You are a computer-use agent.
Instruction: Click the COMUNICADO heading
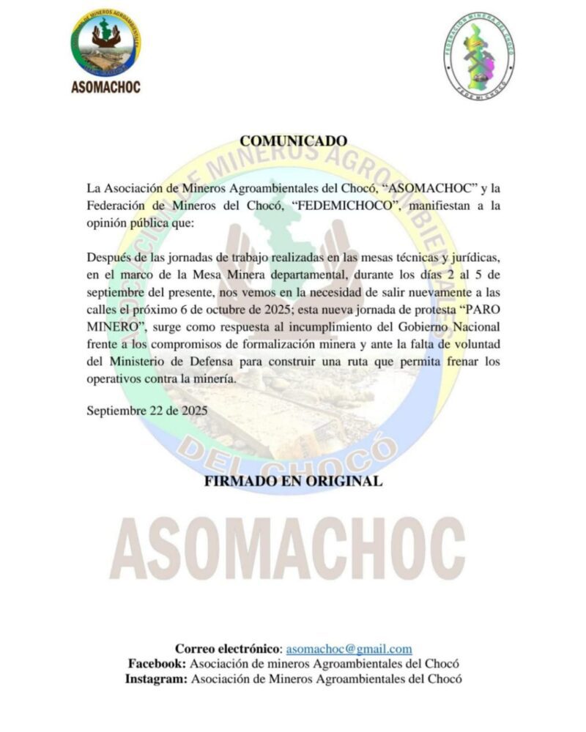pyautogui.click(x=293, y=141)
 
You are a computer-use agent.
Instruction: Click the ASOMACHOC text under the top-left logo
pyautogui.click(x=105, y=87)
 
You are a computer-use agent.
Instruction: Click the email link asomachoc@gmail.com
pyautogui.click(x=349, y=649)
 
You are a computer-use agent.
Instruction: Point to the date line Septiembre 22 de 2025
pyautogui.click(x=146, y=411)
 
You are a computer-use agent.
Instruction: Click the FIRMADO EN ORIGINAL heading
pyautogui.click(x=293, y=482)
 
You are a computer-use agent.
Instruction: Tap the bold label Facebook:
pyautogui.click(x=157, y=664)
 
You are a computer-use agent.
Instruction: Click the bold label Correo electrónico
pyautogui.click(x=227, y=649)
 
